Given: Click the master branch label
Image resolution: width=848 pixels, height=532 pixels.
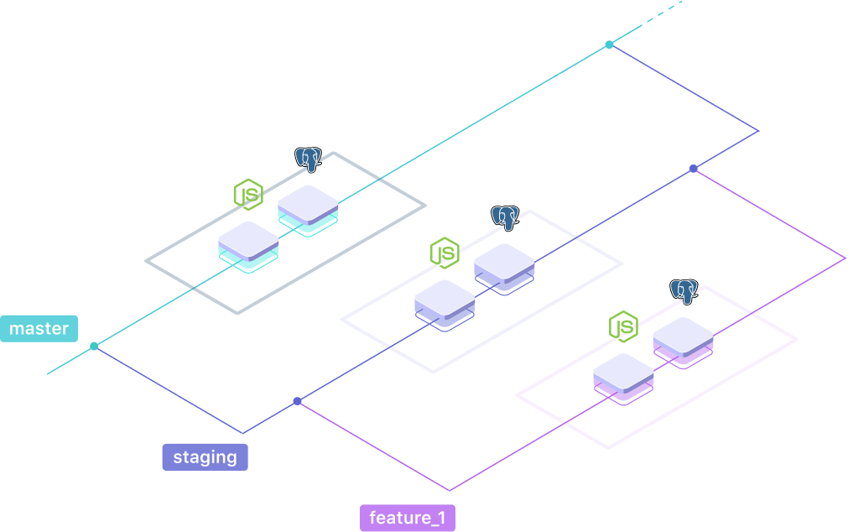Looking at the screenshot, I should (39, 329).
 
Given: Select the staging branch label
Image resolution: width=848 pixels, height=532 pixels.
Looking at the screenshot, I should (205, 457).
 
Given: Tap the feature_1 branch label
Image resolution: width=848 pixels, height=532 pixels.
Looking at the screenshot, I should (407, 518).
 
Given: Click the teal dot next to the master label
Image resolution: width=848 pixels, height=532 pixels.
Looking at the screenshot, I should (94, 346).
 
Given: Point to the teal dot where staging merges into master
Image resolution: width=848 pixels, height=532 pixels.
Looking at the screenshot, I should (609, 44).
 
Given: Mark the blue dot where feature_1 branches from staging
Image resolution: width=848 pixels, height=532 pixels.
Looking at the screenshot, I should (297, 401).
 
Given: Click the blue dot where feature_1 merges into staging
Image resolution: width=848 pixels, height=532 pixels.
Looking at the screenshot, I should (693, 169).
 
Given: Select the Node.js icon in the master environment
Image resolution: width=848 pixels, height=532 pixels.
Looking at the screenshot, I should (248, 194).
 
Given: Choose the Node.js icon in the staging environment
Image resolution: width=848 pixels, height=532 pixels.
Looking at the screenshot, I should (445, 253).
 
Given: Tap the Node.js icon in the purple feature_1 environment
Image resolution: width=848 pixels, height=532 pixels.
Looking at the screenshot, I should (623, 326).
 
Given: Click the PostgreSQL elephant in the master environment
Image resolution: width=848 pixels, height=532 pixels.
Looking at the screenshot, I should (309, 159).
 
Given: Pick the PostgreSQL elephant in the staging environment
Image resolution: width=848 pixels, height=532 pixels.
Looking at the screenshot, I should (505, 217).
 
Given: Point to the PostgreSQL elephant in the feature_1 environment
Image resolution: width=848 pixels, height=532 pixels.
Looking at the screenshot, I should (684, 291).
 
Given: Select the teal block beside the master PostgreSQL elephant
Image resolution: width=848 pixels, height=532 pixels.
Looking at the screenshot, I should (308, 207).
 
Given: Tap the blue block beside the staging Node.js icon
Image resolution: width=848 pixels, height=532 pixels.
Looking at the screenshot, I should (445, 303).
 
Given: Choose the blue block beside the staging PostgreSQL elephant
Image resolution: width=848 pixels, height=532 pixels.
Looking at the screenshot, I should (504, 266).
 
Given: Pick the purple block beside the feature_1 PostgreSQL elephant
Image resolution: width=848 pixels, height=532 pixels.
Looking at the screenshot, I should (683, 340).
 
